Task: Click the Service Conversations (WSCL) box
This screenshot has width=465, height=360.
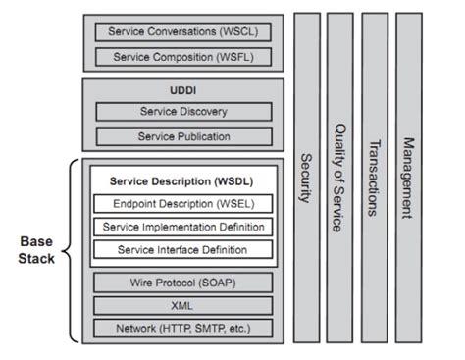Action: point(182,32)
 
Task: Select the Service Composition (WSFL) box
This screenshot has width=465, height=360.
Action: point(182,56)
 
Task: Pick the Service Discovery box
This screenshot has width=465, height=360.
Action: point(182,112)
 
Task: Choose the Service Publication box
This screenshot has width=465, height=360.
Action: point(182,136)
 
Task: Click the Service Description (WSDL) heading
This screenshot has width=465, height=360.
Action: point(182,181)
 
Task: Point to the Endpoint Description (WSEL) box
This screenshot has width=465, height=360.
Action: point(182,203)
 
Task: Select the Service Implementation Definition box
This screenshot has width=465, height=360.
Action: point(182,227)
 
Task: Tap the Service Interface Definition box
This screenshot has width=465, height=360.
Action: point(182,250)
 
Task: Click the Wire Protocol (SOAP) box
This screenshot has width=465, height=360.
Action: point(182,283)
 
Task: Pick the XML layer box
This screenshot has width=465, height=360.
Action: point(182,306)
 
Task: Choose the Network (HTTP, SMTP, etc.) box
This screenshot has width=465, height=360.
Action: point(182,330)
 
